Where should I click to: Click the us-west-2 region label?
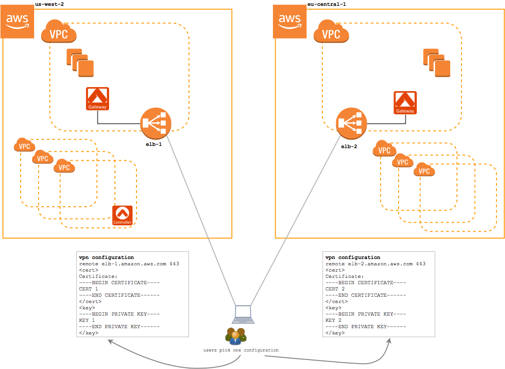[49, 4]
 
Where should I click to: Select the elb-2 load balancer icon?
[351, 123]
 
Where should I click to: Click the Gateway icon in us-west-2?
[97, 99]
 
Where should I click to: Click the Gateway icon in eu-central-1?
[405, 103]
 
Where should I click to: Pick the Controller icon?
[122, 215]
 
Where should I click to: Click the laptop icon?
[243, 315]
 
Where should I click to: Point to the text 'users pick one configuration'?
[241, 350]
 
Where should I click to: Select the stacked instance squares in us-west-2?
[80, 62]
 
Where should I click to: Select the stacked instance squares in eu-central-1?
[436, 63]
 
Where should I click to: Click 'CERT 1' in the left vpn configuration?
[88, 289]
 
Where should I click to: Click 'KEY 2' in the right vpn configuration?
[334, 321]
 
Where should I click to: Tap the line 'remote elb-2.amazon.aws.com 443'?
[375, 264]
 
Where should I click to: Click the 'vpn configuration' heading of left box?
[106, 258]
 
